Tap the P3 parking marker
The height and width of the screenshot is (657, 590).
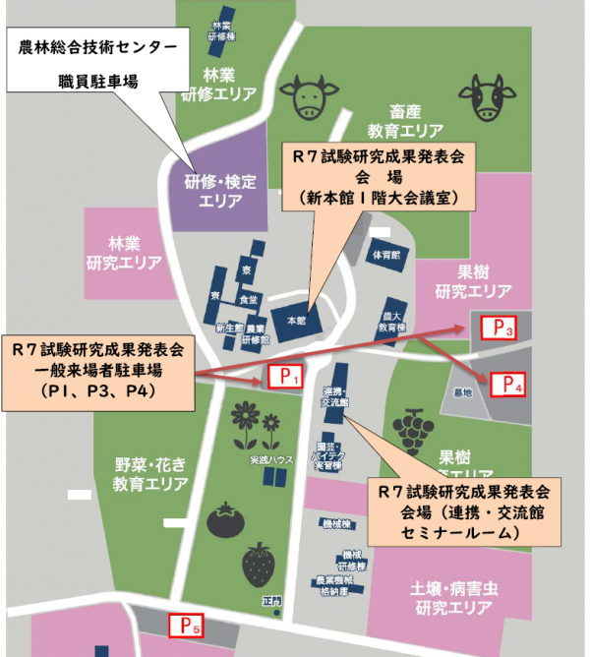tap(497, 328)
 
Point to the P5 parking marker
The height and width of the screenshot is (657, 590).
tap(186, 624)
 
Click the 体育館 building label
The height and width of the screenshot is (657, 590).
tap(385, 254)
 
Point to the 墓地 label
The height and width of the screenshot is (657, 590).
tap(462, 391)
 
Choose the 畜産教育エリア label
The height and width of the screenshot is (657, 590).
tap(405, 121)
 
